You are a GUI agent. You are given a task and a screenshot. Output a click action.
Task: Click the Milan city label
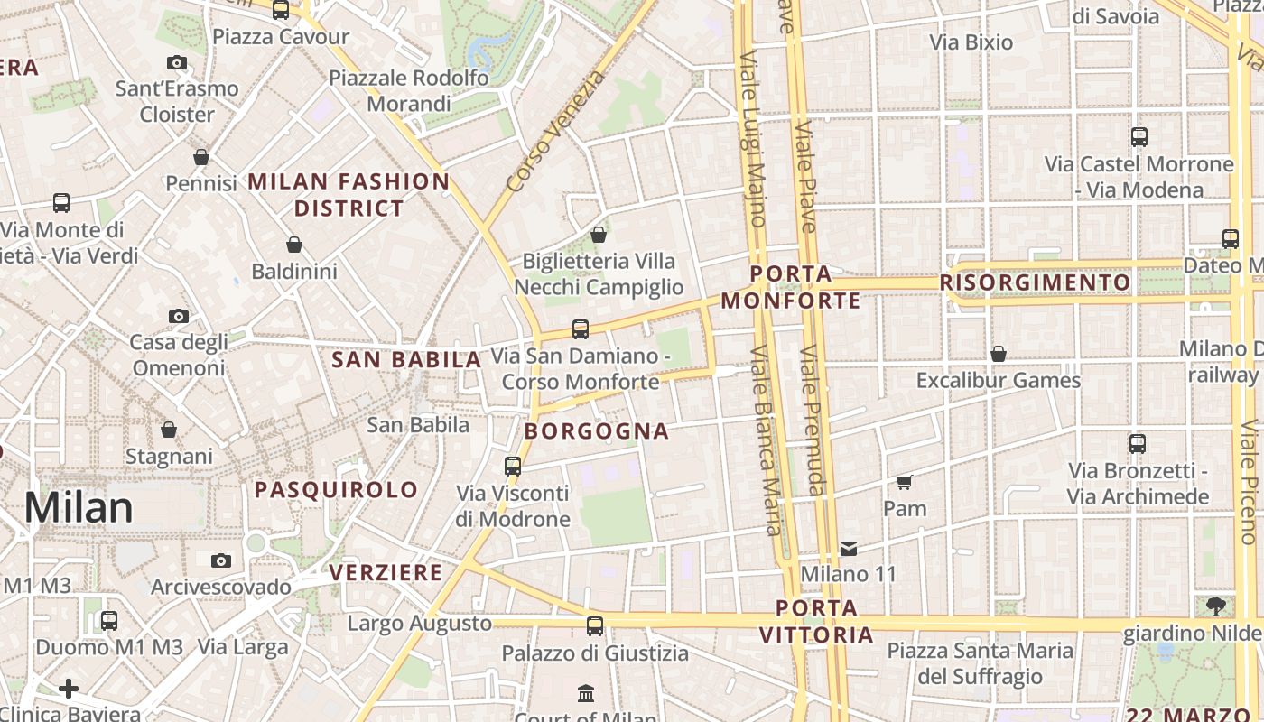coord(79,508)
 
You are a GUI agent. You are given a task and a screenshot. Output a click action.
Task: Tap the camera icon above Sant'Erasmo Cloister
coord(177,62)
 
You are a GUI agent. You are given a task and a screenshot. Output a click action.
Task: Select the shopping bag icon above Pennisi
coord(201,157)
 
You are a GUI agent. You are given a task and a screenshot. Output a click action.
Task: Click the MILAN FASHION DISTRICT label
coord(349,194)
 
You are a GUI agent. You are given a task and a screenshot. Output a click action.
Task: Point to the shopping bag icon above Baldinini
coord(293,245)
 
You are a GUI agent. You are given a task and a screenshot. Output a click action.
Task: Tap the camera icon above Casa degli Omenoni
coord(179,316)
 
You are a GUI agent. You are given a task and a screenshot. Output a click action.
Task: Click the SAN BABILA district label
coord(406,360)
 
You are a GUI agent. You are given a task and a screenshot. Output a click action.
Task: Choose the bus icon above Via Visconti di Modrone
coord(513,466)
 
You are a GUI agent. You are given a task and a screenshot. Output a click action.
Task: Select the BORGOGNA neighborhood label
coord(597,431)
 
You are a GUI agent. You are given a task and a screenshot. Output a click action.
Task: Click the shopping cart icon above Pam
coord(905,482)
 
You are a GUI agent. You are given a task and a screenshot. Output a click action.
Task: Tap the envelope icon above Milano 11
coord(849,548)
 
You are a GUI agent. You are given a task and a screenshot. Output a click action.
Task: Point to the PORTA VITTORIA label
coord(816,621)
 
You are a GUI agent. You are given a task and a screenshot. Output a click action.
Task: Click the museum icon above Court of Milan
coord(586,693)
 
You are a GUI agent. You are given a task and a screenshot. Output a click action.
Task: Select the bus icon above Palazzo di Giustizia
coord(594,625)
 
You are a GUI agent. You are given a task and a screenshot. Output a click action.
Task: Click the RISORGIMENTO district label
coord(1035,282)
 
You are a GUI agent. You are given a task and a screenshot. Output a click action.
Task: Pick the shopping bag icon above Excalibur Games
coord(998,354)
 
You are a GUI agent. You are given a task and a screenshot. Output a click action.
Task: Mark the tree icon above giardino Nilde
coord(1215,606)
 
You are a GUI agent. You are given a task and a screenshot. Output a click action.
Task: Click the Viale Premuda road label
coord(812,421)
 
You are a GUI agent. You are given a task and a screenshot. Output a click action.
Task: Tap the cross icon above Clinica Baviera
coord(69,690)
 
